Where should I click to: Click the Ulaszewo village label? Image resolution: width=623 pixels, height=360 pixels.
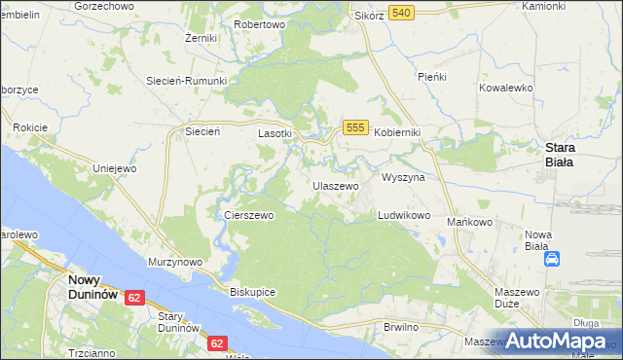pyautogui.click(x=336, y=185)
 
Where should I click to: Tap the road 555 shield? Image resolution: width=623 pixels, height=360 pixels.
pyautogui.click(x=355, y=128)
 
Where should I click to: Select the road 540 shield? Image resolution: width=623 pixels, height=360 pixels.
pyautogui.click(x=401, y=12)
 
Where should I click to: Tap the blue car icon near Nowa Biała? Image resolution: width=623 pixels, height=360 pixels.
pyautogui.click(x=552, y=259)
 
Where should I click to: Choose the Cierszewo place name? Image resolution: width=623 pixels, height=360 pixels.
pyautogui.click(x=248, y=215)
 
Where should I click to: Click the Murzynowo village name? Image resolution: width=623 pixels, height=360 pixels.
pyautogui.click(x=174, y=262)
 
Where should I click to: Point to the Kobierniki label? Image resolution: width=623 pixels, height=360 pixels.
pyautogui.click(x=397, y=132)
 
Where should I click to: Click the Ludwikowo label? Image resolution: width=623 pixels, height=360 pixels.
pyautogui.click(x=404, y=215)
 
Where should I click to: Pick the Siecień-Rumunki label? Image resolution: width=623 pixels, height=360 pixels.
pyautogui.click(x=186, y=81)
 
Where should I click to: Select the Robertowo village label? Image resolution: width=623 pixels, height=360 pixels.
pyautogui.click(x=260, y=23)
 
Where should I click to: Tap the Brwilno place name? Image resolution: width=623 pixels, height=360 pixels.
pyautogui.click(x=401, y=327)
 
